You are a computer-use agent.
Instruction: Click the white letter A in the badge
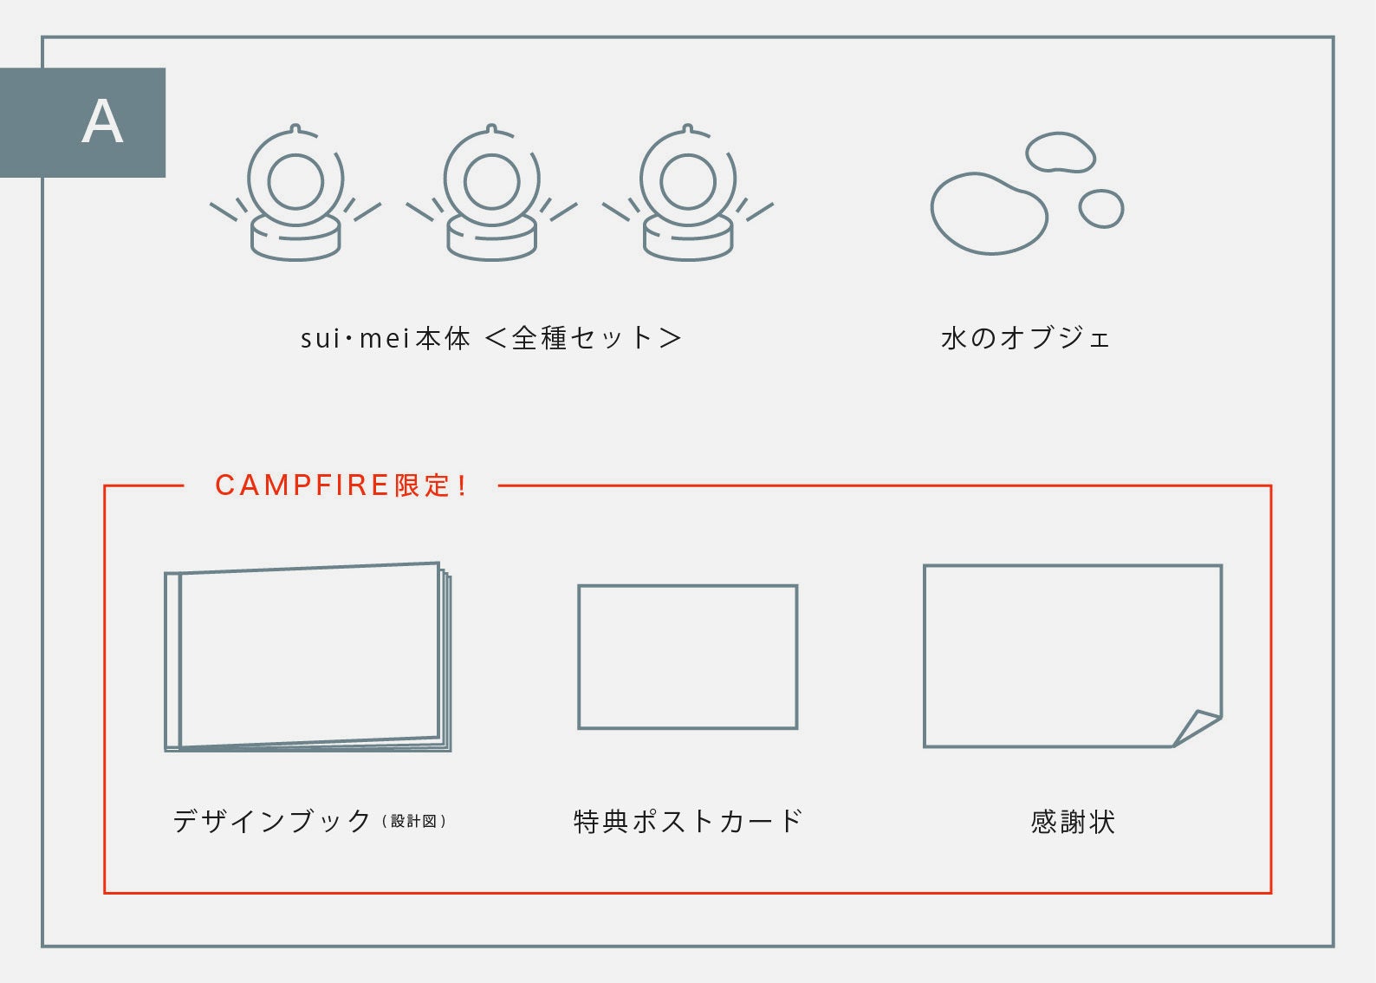click(102, 122)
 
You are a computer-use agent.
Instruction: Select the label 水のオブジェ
click(1025, 339)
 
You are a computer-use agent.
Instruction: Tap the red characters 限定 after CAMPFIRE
click(423, 485)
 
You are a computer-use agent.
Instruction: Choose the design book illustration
click(308, 657)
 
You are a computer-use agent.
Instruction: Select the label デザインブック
click(272, 822)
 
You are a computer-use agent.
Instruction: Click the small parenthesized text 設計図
click(413, 822)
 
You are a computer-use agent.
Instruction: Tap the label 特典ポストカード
click(687, 822)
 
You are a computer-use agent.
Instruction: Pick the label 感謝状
click(1073, 822)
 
